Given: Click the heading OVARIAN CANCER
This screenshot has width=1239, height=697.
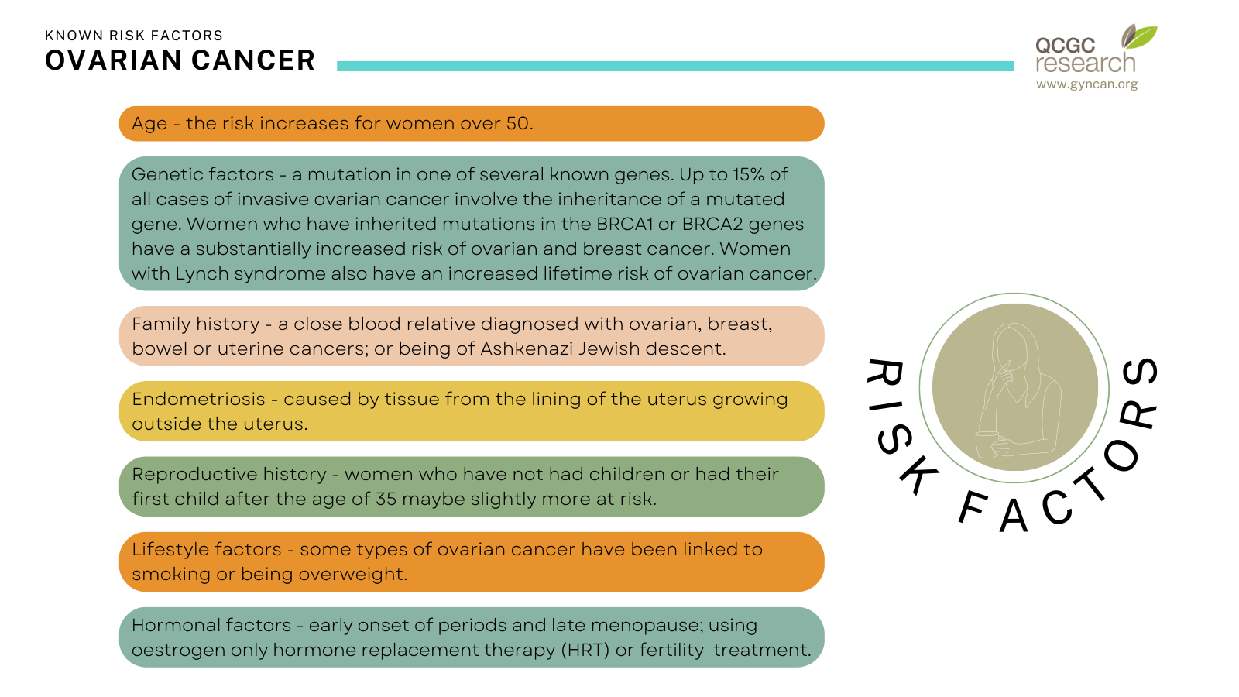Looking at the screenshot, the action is (x=180, y=60).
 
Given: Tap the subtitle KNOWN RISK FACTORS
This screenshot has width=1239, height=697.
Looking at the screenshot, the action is (x=134, y=36).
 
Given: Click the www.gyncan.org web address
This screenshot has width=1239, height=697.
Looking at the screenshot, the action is (x=1086, y=84).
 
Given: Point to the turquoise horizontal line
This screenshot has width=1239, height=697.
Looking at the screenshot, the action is (x=675, y=66).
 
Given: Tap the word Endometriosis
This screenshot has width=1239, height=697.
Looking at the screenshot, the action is (x=198, y=399).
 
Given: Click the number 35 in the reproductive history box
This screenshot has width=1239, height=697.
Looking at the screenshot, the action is (x=386, y=499).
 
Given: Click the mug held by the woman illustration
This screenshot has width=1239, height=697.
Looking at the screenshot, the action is (x=987, y=445).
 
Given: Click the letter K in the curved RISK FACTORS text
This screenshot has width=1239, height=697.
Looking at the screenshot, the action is (x=918, y=476).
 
